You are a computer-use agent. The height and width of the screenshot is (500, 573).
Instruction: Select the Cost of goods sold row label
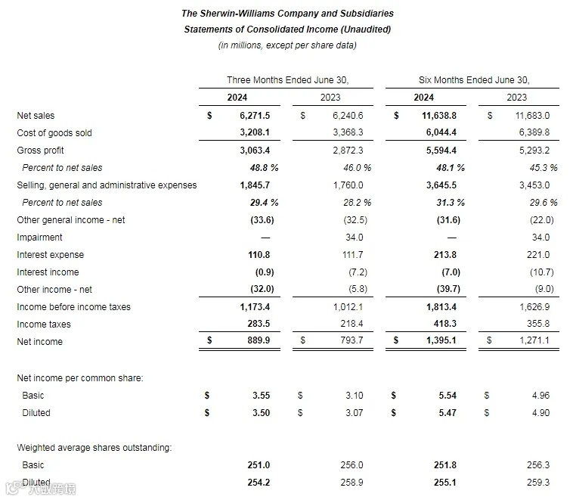coord(54,133)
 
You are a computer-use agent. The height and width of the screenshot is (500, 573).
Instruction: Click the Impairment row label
coord(40,238)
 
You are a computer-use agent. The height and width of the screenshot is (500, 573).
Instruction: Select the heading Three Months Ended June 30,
coord(288,80)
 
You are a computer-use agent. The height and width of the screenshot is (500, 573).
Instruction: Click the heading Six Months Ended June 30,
coord(474,80)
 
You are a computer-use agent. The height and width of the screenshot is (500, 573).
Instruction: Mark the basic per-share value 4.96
coord(540,396)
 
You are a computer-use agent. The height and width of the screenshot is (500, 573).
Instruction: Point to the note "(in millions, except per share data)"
coord(287,45)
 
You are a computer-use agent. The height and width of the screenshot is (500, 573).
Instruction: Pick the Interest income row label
coord(48,272)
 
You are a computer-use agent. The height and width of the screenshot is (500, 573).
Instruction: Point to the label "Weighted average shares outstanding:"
coord(94,448)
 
